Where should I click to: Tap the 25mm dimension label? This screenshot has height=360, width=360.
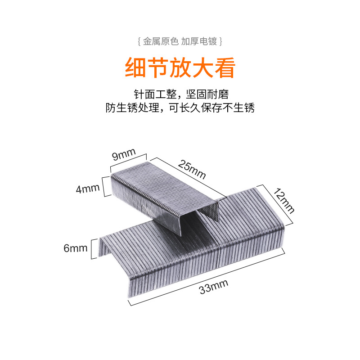click(191, 170)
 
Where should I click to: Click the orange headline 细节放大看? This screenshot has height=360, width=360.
click(180, 67)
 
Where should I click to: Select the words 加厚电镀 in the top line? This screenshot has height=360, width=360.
click(200, 41)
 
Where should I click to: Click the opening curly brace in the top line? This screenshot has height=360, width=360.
click(139, 41)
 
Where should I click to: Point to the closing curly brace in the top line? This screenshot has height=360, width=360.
click(220, 41)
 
